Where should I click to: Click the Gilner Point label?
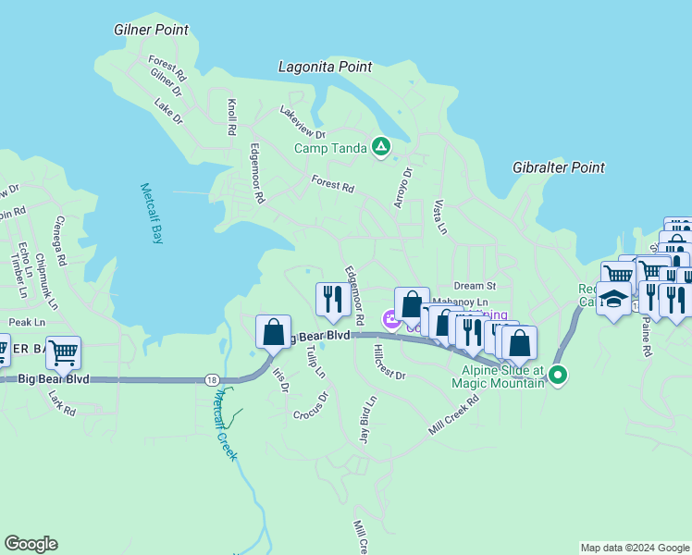coord(152,30)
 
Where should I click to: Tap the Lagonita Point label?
coord(326,67)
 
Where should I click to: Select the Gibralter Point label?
coord(559,167)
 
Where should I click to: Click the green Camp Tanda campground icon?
coord(380,146)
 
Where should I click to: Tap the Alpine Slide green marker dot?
coord(557,375)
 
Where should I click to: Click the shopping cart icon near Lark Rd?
coord(63,351)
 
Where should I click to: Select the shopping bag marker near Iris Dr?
coord(273,331)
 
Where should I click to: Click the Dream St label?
coord(476,286)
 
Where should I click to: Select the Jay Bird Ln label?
coord(367,421)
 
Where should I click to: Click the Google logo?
coord(31,544)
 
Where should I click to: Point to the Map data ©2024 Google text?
coord(634,548)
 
